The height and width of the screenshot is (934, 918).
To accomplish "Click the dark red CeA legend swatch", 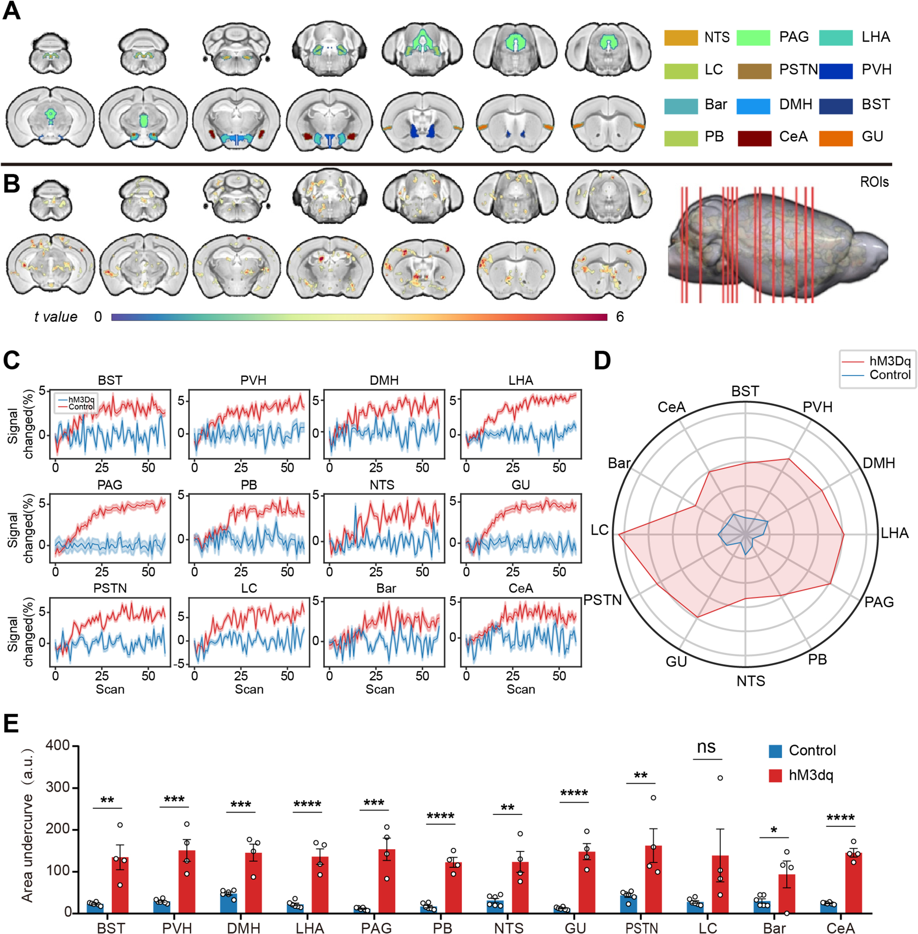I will tap(754, 138).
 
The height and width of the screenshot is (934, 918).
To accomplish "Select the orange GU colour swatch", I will tap(835, 138).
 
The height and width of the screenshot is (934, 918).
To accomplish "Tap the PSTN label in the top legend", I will tap(798, 70).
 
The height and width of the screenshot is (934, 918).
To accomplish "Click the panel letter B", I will tap(12, 184).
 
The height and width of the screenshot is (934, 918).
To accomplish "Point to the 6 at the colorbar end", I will tap(620, 317).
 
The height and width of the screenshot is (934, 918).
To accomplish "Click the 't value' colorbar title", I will tap(55, 317).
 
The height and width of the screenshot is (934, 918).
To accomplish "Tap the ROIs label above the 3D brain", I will tap(874, 182).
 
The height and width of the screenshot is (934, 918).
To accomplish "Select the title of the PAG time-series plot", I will tap(110, 485).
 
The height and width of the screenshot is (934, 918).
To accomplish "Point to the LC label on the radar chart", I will tap(600, 530).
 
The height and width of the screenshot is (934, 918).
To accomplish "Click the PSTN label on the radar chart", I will tap(602, 600).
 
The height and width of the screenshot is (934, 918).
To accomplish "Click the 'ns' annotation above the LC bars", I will tap(706, 747).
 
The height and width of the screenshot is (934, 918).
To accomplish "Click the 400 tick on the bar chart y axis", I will tap(58, 745).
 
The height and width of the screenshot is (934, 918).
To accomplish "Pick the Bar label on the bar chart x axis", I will tap(774, 928).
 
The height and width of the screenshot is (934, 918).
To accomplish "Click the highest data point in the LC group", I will tap(720, 778).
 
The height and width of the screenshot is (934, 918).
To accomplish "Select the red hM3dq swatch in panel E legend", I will tap(775, 775).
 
